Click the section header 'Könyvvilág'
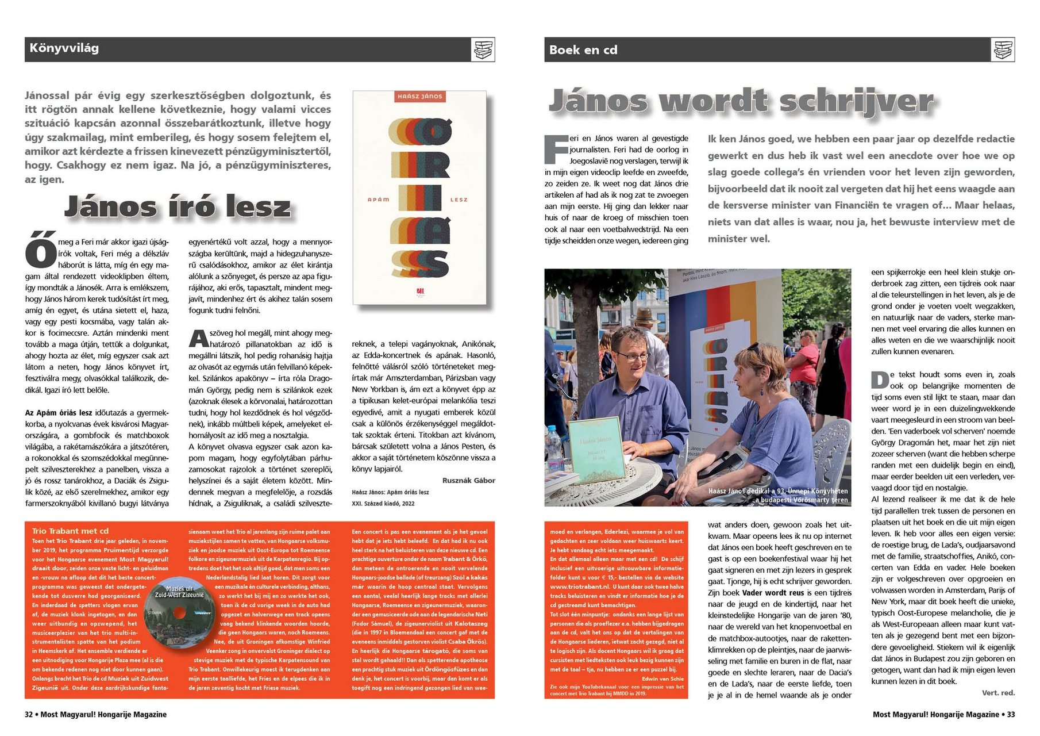(64, 48)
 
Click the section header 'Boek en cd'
(583, 50)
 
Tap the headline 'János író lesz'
(178, 206)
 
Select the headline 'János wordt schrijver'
(741, 101)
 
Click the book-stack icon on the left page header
(483, 49)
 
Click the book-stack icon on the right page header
(1003, 50)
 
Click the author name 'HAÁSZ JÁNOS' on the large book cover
(419, 97)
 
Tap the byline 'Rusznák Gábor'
(468, 481)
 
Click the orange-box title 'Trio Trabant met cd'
(70, 531)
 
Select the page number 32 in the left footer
(29, 715)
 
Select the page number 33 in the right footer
(1010, 715)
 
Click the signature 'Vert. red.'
(998, 693)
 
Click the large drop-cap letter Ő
(40, 251)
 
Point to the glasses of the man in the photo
(633, 356)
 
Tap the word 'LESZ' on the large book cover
(459, 200)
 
